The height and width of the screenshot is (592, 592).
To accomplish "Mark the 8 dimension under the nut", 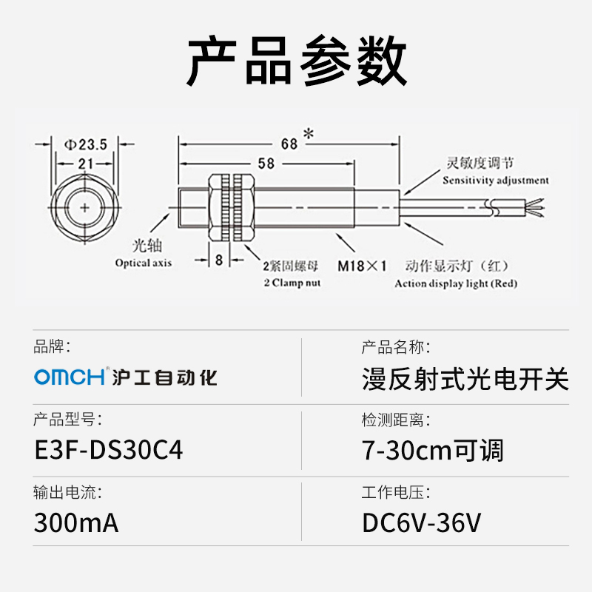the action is click(218, 260).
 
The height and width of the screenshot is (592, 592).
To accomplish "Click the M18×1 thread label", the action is click(363, 265).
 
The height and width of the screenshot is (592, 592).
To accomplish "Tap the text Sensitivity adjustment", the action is click(495, 180).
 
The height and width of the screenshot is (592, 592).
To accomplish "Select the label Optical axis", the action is click(144, 263).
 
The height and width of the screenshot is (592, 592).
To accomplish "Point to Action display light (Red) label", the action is click(456, 283).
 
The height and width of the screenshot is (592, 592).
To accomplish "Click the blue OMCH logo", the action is click(70, 377).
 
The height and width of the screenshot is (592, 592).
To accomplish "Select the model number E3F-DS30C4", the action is click(108, 450).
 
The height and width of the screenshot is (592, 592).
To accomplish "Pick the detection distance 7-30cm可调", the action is click(432, 450).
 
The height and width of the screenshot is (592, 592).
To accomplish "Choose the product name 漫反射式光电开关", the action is click(465, 379).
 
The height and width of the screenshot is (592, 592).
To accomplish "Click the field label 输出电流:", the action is click(67, 493).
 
